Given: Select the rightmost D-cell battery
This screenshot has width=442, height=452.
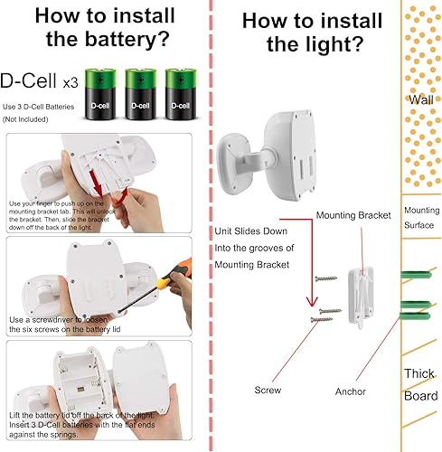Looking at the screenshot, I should tap(182, 91).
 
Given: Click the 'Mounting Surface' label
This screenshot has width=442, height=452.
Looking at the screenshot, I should tap(421, 218).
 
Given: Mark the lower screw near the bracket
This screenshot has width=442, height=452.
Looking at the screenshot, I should tap(324, 316).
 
